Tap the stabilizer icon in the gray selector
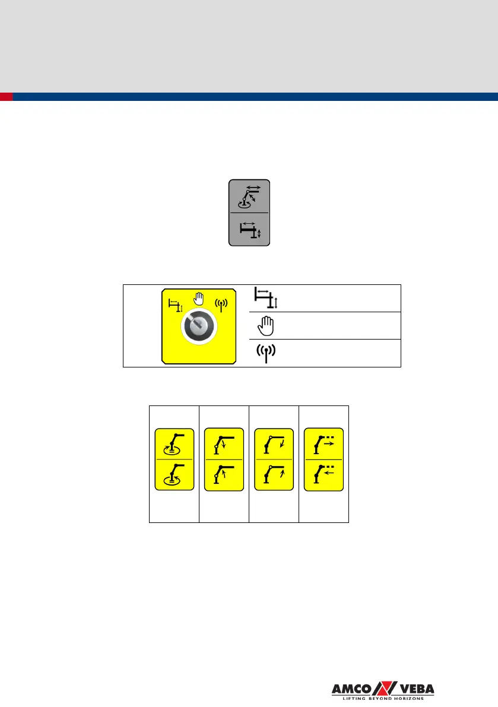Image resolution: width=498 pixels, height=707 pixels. click(x=249, y=229)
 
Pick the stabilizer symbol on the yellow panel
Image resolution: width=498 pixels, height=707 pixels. click(x=175, y=305)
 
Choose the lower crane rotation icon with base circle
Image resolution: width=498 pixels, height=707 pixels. click(x=174, y=475)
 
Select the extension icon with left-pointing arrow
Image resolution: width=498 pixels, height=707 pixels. click(x=323, y=475)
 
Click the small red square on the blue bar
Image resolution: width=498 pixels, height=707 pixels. click(x=6, y=97)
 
